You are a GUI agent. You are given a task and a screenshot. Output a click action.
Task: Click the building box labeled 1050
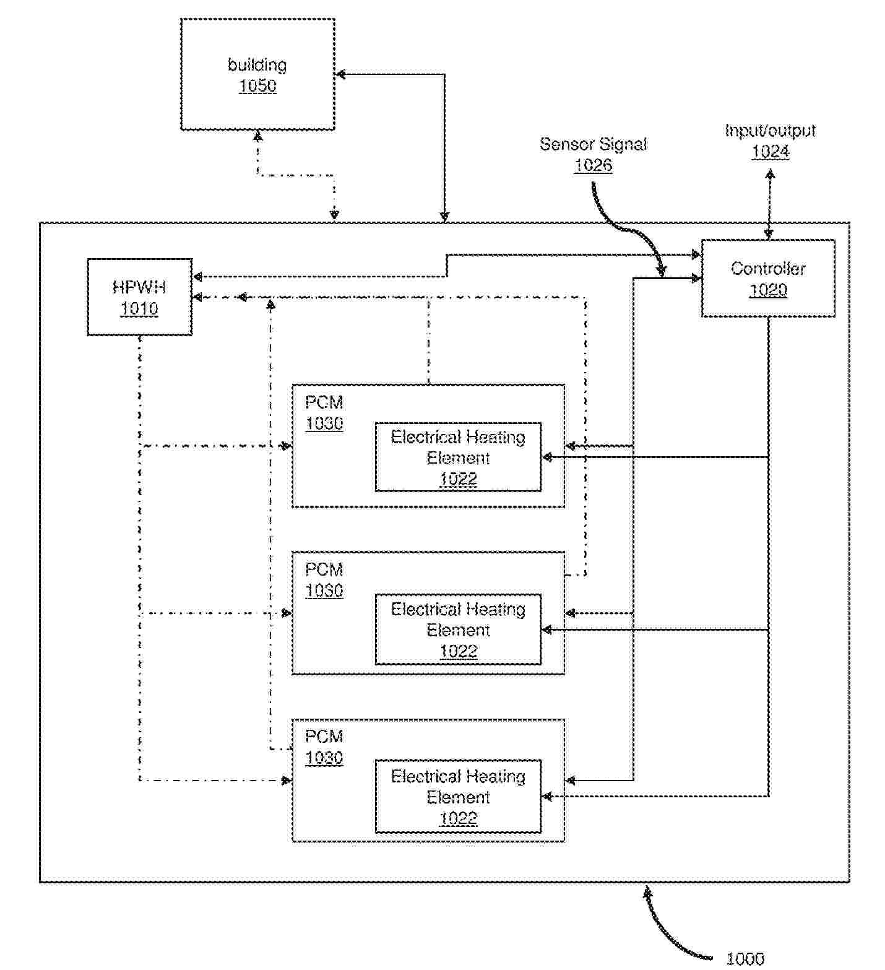(x=257, y=74)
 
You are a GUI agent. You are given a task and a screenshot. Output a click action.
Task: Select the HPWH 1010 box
(x=139, y=297)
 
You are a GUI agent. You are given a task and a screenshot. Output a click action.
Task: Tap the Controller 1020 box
(x=767, y=279)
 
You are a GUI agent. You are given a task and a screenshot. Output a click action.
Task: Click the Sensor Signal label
(x=593, y=144)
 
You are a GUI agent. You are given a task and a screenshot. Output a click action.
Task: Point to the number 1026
(x=593, y=165)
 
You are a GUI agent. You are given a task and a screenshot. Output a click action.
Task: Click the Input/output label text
(x=770, y=131)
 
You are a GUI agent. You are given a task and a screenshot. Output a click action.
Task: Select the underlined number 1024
(x=770, y=152)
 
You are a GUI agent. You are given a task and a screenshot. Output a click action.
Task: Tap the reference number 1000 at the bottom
(x=745, y=959)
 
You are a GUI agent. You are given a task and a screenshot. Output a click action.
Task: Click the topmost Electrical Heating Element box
(x=458, y=457)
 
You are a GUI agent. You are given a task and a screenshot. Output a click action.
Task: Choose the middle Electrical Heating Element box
(x=458, y=630)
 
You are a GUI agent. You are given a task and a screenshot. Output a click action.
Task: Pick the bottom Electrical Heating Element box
(x=458, y=796)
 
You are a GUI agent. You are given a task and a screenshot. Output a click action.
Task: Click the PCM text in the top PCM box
(x=324, y=402)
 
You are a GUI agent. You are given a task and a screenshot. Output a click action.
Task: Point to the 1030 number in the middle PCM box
(x=324, y=591)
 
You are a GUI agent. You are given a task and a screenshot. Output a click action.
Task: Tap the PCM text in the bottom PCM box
(x=324, y=737)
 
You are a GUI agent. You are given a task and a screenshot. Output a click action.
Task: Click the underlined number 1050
(x=257, y=85)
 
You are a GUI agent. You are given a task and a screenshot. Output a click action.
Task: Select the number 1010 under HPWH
(x=139, y=308)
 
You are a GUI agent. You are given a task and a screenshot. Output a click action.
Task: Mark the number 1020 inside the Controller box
(x=767, y=290)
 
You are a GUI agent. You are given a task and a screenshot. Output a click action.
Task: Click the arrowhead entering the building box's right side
(x=339, y=75)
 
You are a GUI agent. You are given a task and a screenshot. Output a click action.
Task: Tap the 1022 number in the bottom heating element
(x=458, y=818)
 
